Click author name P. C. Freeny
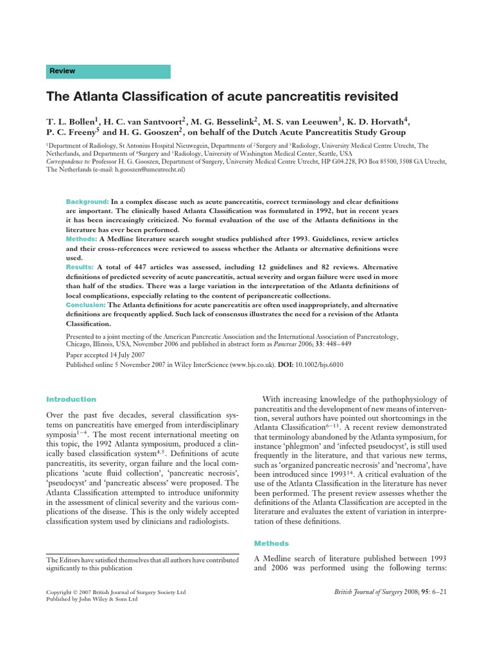pyautogui.click(x=72, y=132)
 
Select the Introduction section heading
pyautogui.click(x=71, y=399)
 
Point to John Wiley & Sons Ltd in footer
pyautogui.click(x=112, y=599)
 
